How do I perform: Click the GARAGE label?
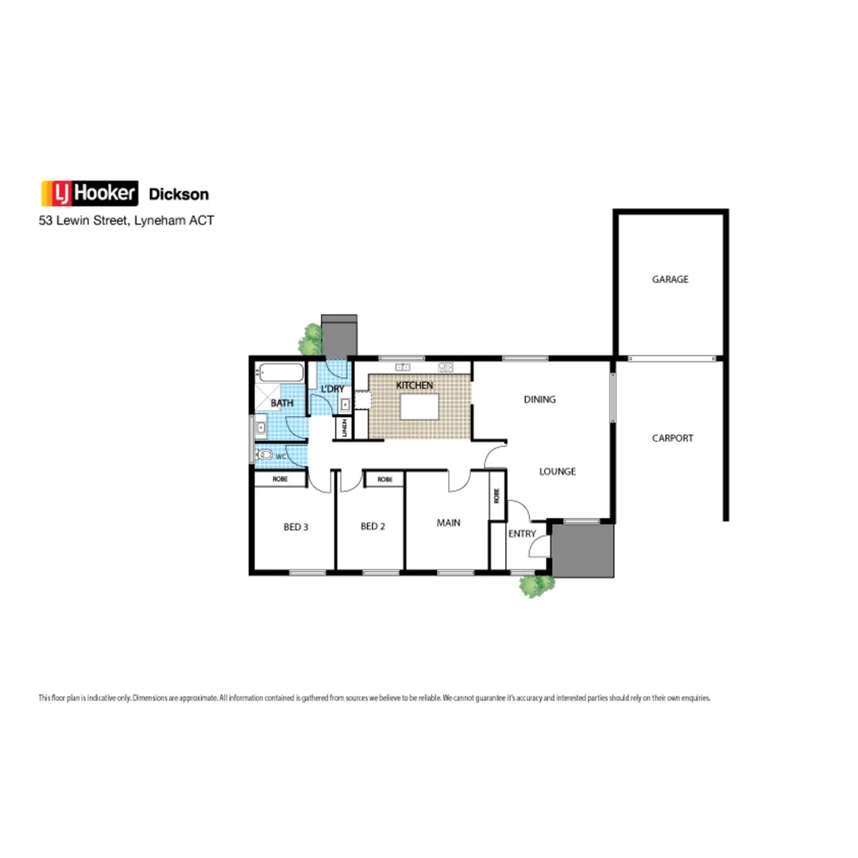(670, 280)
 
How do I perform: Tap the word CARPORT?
(672, 438)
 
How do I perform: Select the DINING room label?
(539, 400)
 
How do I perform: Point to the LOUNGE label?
(557, 471)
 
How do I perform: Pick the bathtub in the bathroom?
(280, 372)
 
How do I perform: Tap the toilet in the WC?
(265, 456)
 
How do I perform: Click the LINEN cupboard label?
(344, 428)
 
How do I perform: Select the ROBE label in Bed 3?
(280, 479)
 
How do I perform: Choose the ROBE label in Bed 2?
(384, 479)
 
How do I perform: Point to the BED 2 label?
(373, 526)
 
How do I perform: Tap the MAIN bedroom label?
(448, 523)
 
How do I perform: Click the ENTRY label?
(522, 534)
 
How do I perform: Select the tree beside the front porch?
(536, 586)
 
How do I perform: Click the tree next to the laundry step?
(310, 341)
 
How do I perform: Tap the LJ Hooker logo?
(90, 193)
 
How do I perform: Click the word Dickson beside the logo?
(180, 194)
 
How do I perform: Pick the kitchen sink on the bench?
(402, 367)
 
